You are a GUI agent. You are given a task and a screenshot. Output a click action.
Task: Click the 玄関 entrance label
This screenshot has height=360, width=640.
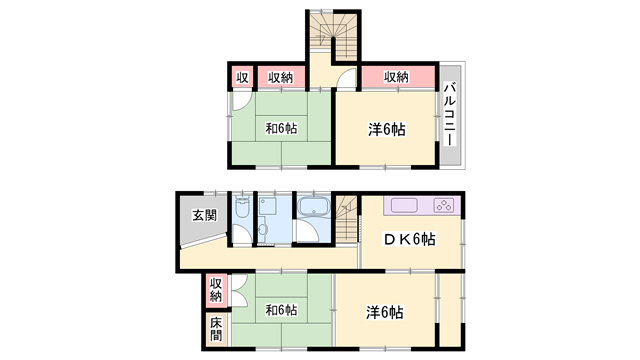pos(204,215)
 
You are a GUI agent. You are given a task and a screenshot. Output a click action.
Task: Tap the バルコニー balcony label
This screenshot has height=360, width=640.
pos(450,114)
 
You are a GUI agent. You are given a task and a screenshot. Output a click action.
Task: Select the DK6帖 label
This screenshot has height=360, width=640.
pos(409,239)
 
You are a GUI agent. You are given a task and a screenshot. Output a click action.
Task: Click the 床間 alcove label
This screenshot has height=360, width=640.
pos(216,329)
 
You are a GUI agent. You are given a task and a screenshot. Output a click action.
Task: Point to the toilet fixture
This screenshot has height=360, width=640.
pos(242,207)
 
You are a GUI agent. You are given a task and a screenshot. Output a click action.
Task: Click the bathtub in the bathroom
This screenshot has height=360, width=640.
pos(313,207)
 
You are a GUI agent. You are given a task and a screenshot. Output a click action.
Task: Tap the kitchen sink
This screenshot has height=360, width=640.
pos(404,205)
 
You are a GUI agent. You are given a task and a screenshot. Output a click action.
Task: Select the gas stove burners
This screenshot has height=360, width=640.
pos(444,205)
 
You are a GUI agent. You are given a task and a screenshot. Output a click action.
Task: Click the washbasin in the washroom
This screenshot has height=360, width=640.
pos(262,229)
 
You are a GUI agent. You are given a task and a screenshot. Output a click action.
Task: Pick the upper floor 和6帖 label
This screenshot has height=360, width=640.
pos(281,129)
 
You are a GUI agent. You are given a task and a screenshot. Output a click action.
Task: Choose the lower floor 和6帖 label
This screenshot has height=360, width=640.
pos(281,310)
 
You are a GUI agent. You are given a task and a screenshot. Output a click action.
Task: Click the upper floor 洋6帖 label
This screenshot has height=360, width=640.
pos(387,130)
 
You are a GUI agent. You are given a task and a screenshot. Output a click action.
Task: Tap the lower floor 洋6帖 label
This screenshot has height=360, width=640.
pos(384,313)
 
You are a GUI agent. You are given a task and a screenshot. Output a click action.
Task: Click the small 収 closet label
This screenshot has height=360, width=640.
pos(242,77)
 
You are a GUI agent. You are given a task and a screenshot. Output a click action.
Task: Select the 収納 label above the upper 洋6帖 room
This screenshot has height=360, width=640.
pos(396,77)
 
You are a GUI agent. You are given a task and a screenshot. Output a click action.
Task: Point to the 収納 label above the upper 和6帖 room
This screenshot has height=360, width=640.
pos(281,77)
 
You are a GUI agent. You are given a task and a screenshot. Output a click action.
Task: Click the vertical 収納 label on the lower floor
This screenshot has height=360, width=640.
pos(216,289)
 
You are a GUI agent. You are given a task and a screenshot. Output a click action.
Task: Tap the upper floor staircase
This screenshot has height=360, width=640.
pos(333,36)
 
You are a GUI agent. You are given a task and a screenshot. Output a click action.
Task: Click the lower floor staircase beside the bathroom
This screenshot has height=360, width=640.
pos(346,220)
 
